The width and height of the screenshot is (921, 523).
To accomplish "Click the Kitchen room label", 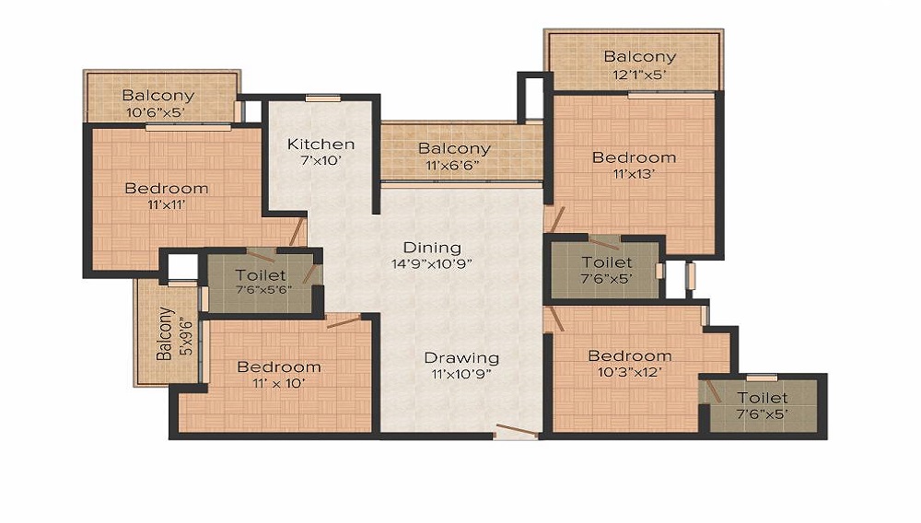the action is point(321,144).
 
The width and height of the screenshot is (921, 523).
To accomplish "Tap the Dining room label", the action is point(432,248).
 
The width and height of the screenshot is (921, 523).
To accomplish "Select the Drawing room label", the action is point(461,357).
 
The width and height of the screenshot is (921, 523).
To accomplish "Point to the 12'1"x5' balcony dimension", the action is point(639,75).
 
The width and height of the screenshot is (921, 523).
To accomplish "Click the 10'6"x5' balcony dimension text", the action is point(156,112).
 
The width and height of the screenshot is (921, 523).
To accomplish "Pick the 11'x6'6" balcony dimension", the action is point(453,166).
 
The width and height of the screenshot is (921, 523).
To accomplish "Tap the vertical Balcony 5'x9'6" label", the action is point(174,333).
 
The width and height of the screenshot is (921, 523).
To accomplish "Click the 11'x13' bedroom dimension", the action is point(634,174).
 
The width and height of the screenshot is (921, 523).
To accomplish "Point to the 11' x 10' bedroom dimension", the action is point(279,383).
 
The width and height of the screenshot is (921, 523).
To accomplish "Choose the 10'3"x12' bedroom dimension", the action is point(630,372).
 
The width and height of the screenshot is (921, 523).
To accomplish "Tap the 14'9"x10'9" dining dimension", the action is point(432,264).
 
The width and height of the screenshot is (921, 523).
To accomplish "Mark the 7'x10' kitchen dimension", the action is point(321,160).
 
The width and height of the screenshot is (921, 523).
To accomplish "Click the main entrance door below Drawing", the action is point(517,432).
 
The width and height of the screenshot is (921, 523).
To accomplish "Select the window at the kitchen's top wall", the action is point(323,98).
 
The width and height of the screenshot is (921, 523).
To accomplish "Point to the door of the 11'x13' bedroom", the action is point(554,219).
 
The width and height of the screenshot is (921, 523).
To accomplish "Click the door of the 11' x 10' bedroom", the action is point(344,321).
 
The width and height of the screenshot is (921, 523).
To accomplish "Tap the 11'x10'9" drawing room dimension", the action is point(461,374).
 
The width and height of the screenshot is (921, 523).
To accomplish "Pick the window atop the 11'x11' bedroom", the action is point(188,127).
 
